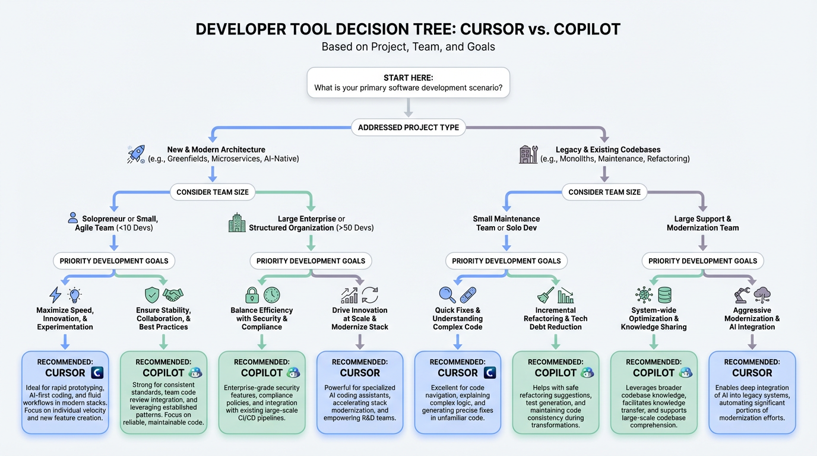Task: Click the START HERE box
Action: [408, 83]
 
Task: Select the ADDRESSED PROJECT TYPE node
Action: [408, 127]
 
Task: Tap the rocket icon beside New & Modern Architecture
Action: [136, 154]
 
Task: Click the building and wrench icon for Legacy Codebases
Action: [528, 154]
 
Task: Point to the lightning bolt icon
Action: [55, 295]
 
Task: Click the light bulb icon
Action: [75, 295]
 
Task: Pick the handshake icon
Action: [173, 295]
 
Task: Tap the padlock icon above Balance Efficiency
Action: [252, 295]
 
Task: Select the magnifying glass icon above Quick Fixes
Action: [447, 295]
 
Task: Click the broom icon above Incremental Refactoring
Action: [546, 295]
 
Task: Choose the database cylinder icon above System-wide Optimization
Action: [664, 295]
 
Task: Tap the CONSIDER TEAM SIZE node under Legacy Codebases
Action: [604, 192]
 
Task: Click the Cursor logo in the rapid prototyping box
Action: [97, 373]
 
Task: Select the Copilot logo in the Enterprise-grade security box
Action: [293, 373]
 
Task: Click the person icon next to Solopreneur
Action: [73, 218]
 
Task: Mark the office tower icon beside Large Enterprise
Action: [237, 223]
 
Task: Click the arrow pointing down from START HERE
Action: [408, 108]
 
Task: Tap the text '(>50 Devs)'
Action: [355, 228]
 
